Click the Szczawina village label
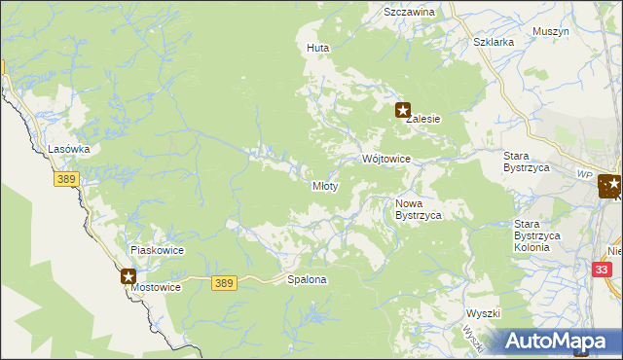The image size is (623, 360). click(409, 13)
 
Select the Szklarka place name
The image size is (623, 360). click(493, 43)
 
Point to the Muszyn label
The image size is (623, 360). click(550, 31)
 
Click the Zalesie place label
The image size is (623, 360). click(423, 119)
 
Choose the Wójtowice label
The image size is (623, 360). click(386, 159)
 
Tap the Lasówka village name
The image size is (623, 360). click(69, 150)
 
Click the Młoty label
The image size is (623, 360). click(324, 186)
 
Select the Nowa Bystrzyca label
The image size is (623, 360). click(419, 209)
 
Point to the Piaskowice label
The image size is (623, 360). click(158, 250)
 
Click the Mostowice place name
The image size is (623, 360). click(158, 289)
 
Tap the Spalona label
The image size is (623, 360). click(307, 279)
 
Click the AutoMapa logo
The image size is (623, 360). click(559, 341)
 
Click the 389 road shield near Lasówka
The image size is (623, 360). click(66, 180)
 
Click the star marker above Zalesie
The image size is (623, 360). click(402, 111)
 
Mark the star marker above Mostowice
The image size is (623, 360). click(128, 277)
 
